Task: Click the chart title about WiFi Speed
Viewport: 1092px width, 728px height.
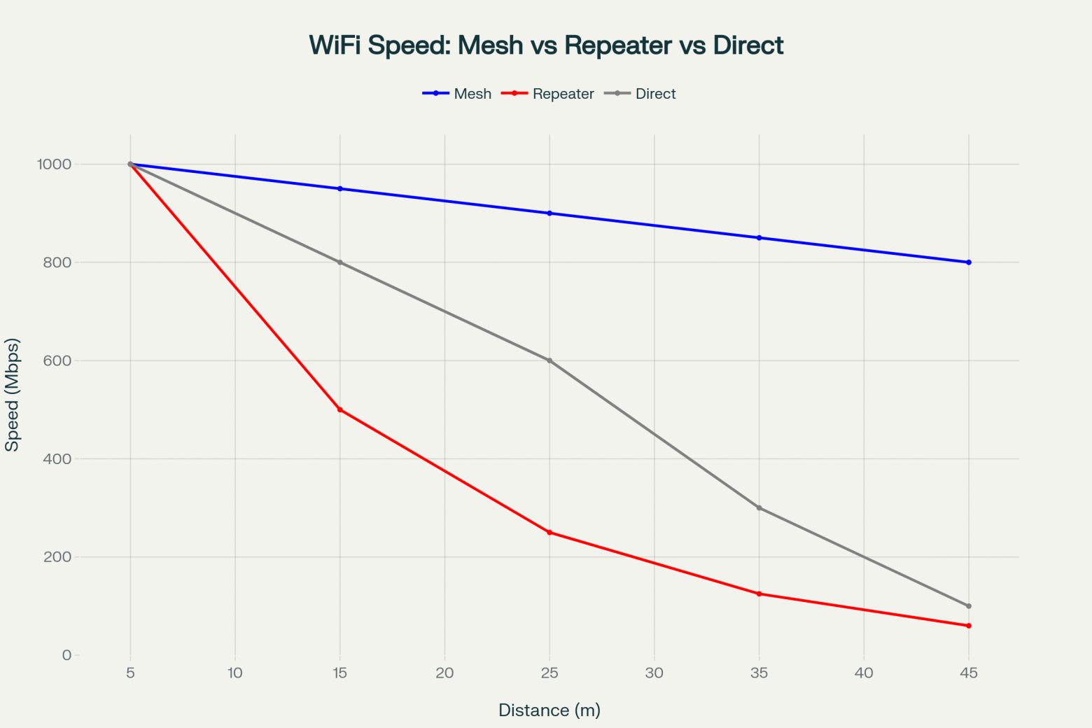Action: pos(546,45)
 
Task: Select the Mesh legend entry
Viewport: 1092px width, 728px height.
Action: pos(458,94)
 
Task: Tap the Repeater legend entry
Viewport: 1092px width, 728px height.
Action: pos(549,94)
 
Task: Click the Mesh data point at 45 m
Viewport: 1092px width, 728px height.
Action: pos(968,262)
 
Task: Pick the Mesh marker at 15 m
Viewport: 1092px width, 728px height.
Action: pos(340,189)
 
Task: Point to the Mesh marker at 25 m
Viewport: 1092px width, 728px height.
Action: pos(549,213)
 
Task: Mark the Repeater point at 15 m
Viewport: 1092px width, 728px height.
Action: pos(340,409)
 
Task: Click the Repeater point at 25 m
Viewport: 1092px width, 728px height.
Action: pos(549,533)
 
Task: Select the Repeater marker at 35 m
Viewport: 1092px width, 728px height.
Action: pos(759,594)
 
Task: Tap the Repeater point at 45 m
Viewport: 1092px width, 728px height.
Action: pos(968,626)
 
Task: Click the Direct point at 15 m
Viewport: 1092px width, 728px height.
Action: pos(340,262)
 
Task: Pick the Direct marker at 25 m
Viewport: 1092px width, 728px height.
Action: pos(549,360)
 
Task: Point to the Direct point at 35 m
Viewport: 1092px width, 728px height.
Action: pos(759,508)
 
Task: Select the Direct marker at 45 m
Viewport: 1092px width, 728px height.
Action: pos(968,606)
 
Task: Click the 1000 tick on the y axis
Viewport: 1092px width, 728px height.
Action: pos(55,164)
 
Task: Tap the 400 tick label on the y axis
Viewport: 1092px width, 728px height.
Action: pos(57,459)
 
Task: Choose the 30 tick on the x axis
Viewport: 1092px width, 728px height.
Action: pos(654,673)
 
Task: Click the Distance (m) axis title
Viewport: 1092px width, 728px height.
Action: pos(549,710)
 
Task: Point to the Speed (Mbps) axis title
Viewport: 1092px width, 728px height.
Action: pos(13,395)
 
